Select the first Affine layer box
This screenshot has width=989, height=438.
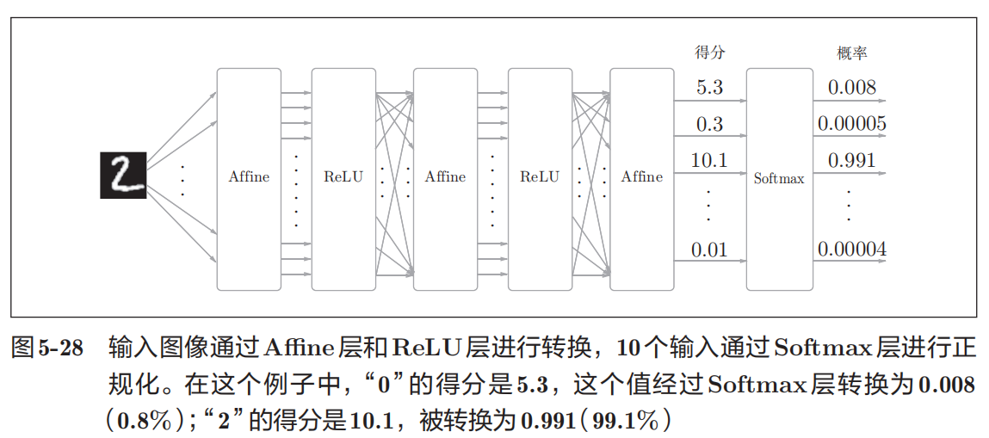(x=249, y=178)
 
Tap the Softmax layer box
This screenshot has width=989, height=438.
(x=779, y=178)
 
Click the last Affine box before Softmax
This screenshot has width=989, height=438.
(x=642, y=178)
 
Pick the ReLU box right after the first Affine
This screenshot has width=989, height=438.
(x=343, y=178)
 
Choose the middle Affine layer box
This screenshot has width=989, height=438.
(x=445, y=178)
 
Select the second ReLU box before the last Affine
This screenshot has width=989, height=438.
(x=540, y=178)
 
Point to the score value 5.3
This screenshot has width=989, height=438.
(x=709, y=88)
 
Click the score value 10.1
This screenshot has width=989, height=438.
(x=709, y=161)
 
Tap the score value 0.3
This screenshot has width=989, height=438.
(x=709, y=125)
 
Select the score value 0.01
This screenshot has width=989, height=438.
(x=709, y=250)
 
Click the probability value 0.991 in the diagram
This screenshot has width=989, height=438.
(x=851, y=161)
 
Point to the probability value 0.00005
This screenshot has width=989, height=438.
(x=851, y=125)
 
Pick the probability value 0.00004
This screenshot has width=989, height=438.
(x=851, y=250)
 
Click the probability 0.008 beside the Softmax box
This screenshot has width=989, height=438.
(x=851, y=88)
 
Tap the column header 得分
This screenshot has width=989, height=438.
(x=709, y=52)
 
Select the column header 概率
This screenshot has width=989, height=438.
(x=851, y=52)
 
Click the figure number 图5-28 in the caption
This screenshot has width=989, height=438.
(x=47, y=349)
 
